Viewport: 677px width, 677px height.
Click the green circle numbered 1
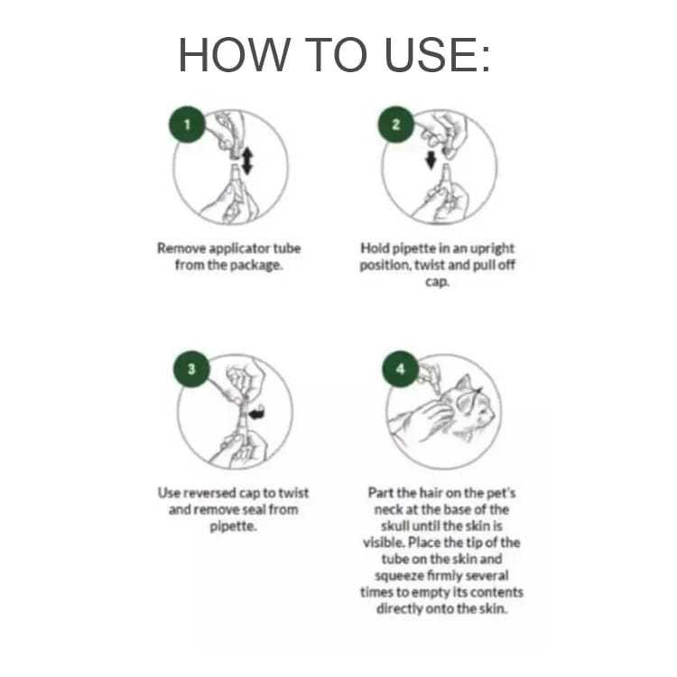click(x=187, y=125)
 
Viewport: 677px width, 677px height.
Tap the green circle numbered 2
click(x=396, y=125)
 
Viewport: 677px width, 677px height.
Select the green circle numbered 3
click(x=191, y=368)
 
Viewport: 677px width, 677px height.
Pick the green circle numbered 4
click(x=401, y=368)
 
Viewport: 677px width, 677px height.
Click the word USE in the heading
click(x=437, y=55)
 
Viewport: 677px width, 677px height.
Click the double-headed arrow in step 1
click(x=247, y=161)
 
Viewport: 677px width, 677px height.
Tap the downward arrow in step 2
click(x=431, y=160)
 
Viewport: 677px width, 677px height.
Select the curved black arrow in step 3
click(x=257, y=413)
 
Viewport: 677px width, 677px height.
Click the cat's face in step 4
click(x=474, y=405)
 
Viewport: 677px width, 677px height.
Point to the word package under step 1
click(x=256, y=265)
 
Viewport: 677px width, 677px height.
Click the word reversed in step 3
click(x=207, y=493)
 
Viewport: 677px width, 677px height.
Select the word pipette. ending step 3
click(x=233, y=526)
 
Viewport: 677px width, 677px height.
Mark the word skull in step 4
click(x=394, y=526)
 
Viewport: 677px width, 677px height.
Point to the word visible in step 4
click(x=383, y=543)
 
